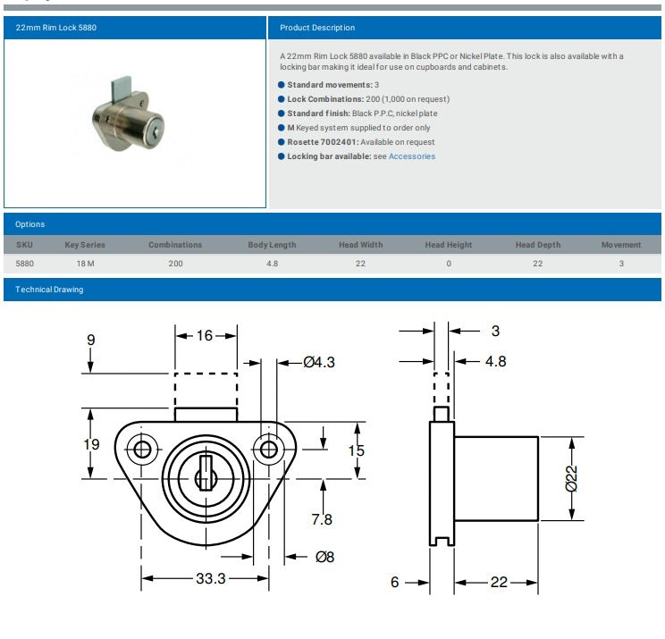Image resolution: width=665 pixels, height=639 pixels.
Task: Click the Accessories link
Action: pyautogui.click(x=412, y=156)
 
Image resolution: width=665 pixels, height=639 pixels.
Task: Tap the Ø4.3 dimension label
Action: pyautogui.click(x=319, y=362)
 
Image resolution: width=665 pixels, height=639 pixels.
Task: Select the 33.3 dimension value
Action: pyautogui.click(x=211, y=578)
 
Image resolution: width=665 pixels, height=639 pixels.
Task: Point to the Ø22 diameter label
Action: pyautogui.click(x=572, y=478)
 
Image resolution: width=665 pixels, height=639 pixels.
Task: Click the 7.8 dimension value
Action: pyautogui.click(x=322, y=519)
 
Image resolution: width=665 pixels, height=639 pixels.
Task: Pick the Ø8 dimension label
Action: pyautogui.click(x=324, y=557)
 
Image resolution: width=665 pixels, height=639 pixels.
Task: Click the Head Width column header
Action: pyautogui.click(x=360, y=245)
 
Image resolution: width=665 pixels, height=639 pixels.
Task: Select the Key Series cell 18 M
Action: pyautogui.click(x=85, y=264)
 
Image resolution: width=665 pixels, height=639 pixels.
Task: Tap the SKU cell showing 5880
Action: pyautogui.click(x=25, y=264)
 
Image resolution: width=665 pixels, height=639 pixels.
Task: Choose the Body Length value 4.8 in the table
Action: pyautogui.click(x=273, y=264)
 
